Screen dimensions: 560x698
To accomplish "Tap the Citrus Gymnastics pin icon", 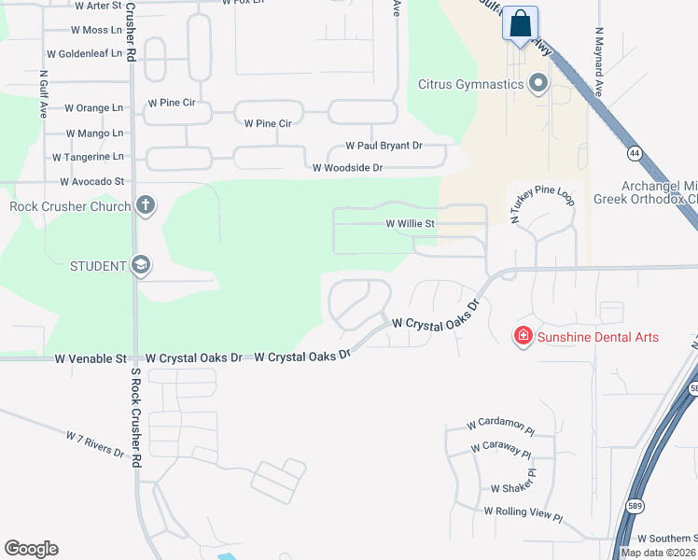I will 537,85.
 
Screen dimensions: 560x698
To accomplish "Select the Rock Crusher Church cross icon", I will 145,205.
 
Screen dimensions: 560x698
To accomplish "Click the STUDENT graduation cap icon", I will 140,266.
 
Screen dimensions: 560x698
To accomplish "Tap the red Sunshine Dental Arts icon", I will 523,336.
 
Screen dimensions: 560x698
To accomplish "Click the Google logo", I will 31,549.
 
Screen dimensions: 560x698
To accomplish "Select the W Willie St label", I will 411,224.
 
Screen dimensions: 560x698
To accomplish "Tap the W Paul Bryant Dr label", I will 384,146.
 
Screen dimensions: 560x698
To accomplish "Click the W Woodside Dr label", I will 347,168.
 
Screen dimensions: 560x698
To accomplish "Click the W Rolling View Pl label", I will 523,514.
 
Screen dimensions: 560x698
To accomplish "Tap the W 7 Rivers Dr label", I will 95,444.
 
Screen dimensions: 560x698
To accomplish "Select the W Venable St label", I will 91,358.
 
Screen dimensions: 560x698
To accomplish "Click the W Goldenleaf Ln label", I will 91,54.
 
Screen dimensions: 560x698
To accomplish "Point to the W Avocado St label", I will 91,181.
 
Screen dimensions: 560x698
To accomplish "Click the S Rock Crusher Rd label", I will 136,418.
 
